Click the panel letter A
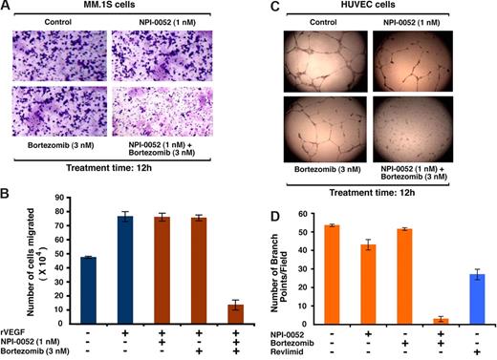(x=8, y=7)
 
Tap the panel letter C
(x=263, y=7)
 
